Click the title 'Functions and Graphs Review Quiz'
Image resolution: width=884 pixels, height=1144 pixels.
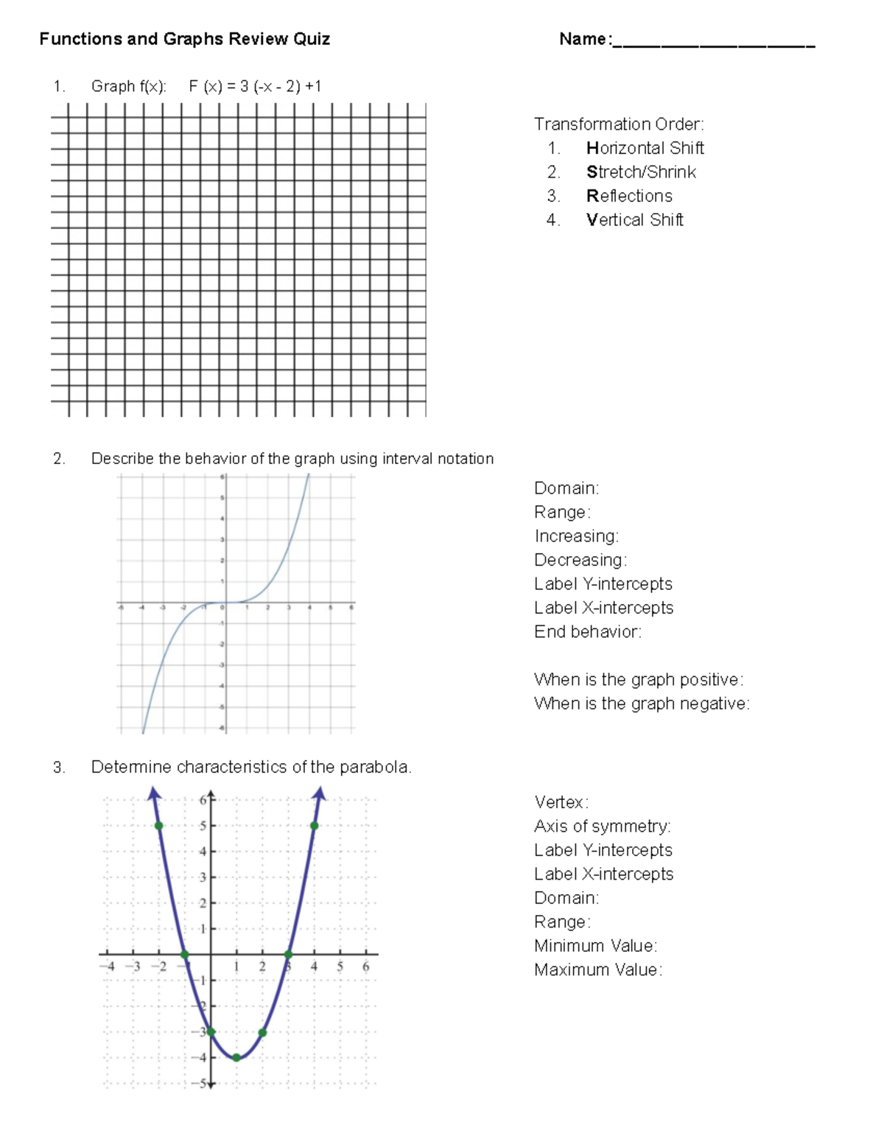point(184,39)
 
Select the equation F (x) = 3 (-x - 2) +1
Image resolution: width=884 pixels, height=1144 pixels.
point(255,86)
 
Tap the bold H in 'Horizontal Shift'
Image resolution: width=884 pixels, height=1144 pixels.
point(592,148)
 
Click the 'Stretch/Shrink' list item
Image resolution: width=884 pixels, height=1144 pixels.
point(641,172)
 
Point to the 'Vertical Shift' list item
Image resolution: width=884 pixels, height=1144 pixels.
point(634,220)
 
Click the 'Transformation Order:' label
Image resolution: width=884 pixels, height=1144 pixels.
point(619,124)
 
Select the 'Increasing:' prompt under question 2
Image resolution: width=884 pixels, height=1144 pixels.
point(576,536)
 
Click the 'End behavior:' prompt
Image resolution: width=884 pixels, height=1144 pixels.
point(587,631)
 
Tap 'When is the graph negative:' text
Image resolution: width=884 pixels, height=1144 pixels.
point(641,703)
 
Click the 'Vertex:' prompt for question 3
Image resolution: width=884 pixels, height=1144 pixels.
point(561,802)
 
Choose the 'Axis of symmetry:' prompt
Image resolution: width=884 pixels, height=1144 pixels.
point(602,826)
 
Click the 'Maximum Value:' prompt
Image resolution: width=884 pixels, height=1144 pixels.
point(597,969)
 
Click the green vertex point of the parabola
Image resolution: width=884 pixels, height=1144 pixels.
point(236,1057)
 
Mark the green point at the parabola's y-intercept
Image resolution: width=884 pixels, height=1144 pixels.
point(211,1031)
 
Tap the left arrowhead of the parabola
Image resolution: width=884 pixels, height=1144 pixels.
point(153,793)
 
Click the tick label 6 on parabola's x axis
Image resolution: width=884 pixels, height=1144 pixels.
point(365,966)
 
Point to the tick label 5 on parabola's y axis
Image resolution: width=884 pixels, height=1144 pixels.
point(203,826)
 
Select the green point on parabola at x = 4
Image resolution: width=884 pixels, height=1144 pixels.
point(315,826)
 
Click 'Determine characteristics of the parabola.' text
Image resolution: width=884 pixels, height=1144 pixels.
point(250,767)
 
